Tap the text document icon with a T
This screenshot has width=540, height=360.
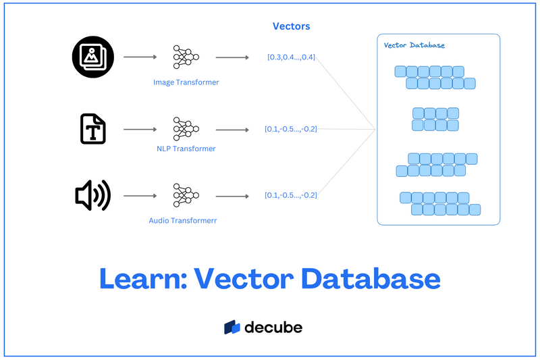click(93, 128)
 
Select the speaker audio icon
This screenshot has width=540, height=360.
click(92, 196)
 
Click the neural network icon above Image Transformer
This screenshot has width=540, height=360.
click(184, 57)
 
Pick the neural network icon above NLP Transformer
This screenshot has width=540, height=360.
click(184, 128)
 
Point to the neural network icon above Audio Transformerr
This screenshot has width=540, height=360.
click(184, 196)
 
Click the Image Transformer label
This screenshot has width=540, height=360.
click(186, 82)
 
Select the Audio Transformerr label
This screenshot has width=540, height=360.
click(183, 221)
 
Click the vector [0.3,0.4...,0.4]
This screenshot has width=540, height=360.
click(291, 57)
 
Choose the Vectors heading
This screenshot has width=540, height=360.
click(291, 26)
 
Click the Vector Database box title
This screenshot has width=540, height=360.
click(414, 45)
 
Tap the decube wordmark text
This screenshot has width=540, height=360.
click(273, 328)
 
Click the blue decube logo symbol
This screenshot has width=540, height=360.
click(233, 328)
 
